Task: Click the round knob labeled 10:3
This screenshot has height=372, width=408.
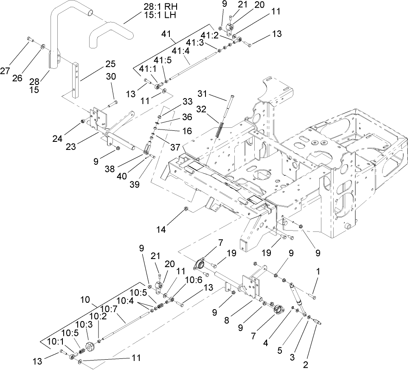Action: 90,347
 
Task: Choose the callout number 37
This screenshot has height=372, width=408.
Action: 164,147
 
